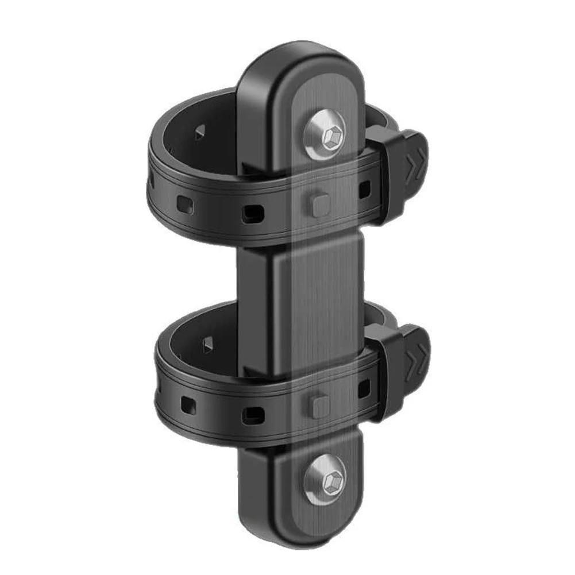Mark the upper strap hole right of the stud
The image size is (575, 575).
tap(364, 188)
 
